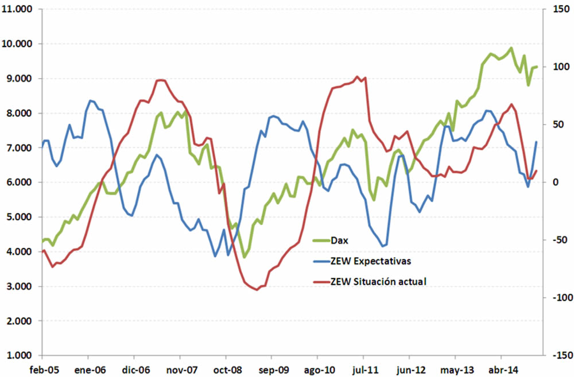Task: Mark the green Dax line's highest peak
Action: click(511, 48)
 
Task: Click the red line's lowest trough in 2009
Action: click(257, 290)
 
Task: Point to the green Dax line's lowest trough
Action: click(244, 257)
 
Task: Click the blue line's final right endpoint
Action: click(537, 142)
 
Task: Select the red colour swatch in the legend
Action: click(320, 282)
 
